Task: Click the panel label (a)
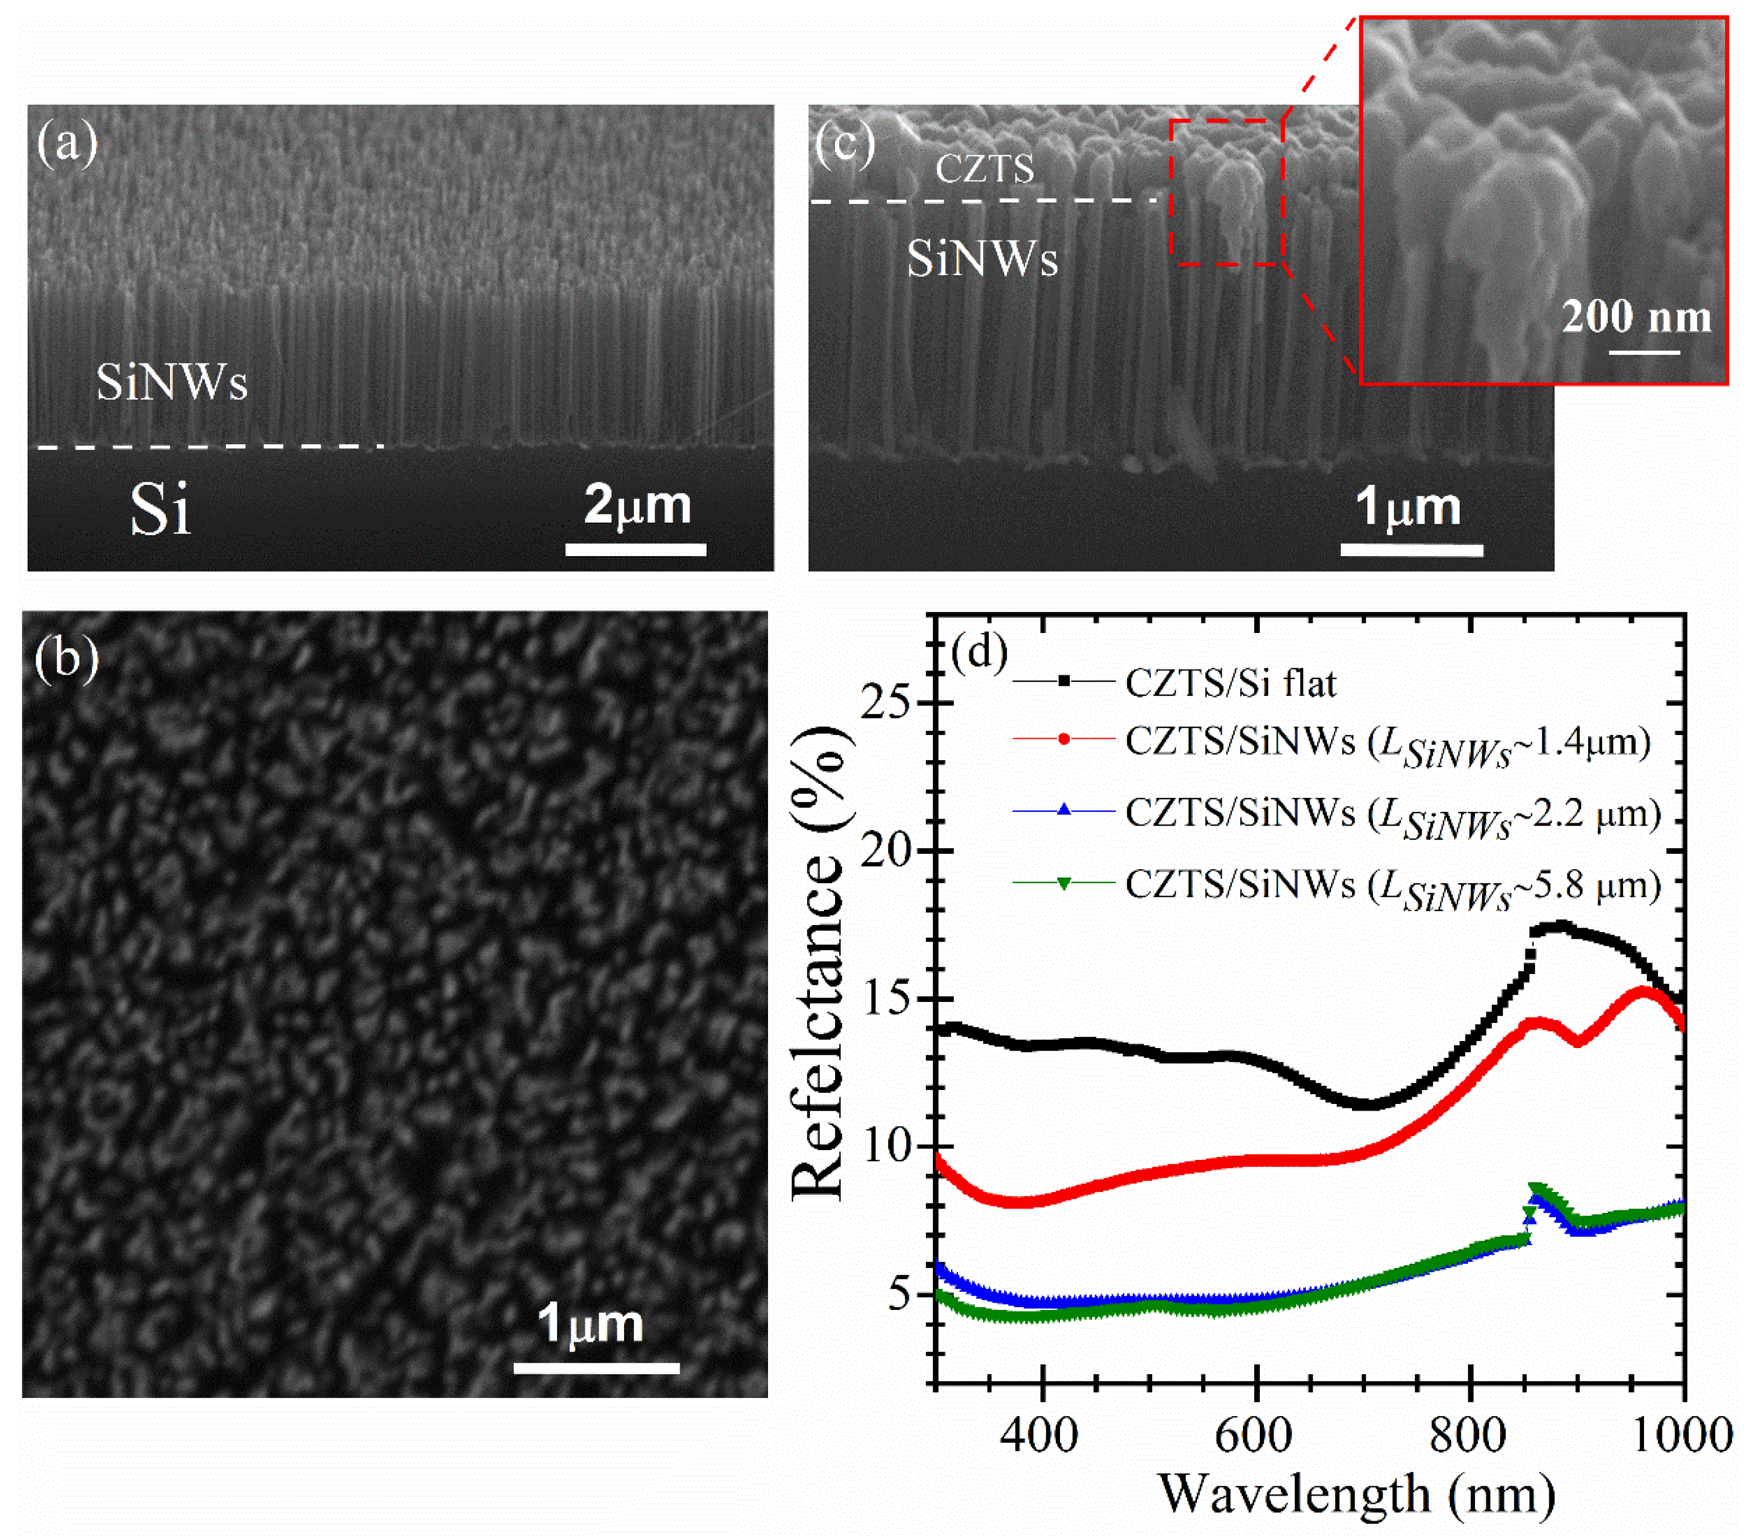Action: [x=67, y=142]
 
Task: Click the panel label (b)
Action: [x=67, y=658]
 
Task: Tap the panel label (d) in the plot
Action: [x=978, y=652]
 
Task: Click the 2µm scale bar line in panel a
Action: [x=636, y=549]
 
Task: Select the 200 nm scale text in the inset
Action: [x=1636, y=317]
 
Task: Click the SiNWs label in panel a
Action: [x=172, y=381]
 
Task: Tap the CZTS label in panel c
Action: [x=985, y=168]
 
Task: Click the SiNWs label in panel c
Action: [x=982, y=258]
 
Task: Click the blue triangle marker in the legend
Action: [x=1063, y=811]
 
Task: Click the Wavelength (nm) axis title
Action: [x=1357, y=1493]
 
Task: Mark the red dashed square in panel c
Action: [x=1226, y=192]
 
